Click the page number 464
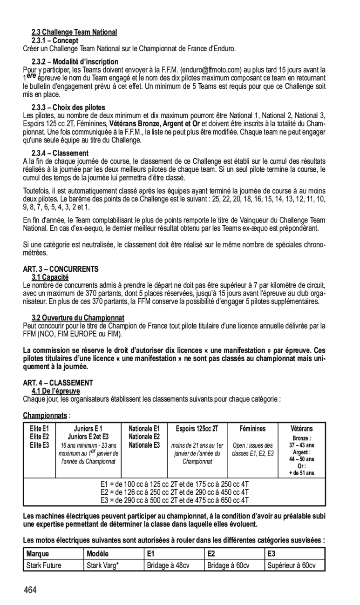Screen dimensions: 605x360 point(31,591)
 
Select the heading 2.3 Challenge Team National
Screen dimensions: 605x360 point(74,32)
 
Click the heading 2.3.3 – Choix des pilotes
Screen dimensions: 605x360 point(68,107)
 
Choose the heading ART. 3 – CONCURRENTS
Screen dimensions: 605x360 point(61,269)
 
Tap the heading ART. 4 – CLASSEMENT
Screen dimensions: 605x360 point(58,383)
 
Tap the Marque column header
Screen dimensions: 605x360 point(38,554)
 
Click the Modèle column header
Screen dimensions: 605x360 point(98,554)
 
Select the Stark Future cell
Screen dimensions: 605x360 point(44,565)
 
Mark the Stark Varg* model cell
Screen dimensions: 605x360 point(102,565)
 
